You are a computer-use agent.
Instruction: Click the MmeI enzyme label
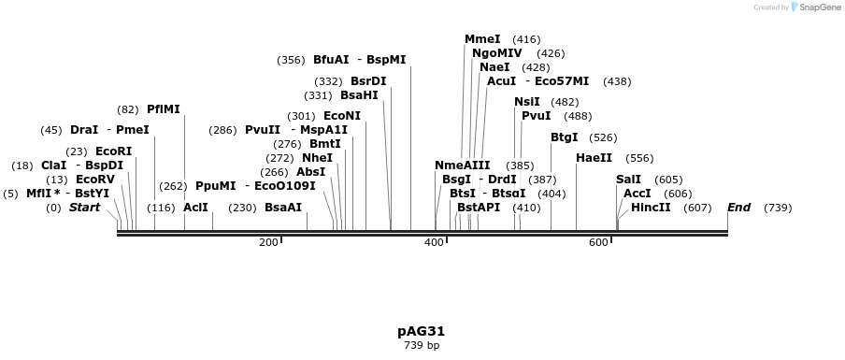tap(482, 39)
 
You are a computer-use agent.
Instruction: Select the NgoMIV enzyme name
tap(497, 53)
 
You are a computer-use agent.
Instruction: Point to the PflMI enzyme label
tap(164, 109)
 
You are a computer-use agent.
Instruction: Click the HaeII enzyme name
tap(594, 158)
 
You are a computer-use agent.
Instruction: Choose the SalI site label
tap(629, 180)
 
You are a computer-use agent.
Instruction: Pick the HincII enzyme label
tap(651, 207)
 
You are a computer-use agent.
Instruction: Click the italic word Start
tap(84, 207)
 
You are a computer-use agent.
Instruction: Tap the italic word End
tap(738, 207)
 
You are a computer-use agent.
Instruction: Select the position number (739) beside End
tap(778, 208)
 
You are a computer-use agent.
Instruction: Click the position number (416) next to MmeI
tap(526, 39)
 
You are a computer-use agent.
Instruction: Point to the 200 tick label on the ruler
tap(268, 243)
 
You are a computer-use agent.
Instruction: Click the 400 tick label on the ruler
tap(434, 243)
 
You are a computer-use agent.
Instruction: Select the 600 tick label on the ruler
tap(598, 243)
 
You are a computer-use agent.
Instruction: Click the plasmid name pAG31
tap(421, 331)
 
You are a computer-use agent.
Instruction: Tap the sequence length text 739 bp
tap(421, 345)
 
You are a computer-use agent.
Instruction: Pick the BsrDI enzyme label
tap(368, 81)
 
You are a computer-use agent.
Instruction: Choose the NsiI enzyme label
tap(527, 102)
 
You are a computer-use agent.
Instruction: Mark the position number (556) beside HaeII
tap(639, 159)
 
